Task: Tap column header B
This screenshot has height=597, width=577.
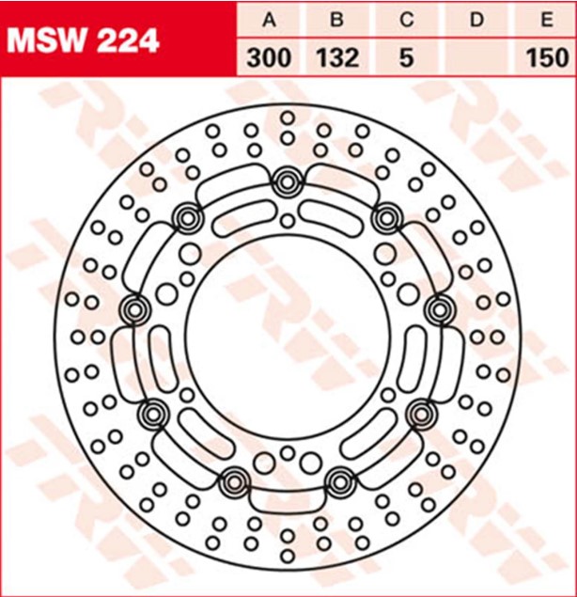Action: [337, 18]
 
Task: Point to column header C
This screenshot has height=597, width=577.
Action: [405, 18]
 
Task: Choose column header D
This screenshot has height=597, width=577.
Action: [475, 18]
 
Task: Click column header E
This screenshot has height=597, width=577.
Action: [542, 18]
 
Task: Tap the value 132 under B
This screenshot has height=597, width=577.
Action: [337, 57]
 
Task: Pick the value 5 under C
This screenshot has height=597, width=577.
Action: [405, 57]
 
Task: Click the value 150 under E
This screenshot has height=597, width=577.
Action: [542, 57]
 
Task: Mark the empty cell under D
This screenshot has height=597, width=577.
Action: [475, 57]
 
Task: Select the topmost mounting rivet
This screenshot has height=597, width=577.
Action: [287, 181]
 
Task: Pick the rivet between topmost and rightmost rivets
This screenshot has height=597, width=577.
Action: [385, 219]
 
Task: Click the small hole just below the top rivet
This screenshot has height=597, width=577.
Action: [288, 220]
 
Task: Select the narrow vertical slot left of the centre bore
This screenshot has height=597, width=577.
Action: [156, 357]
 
